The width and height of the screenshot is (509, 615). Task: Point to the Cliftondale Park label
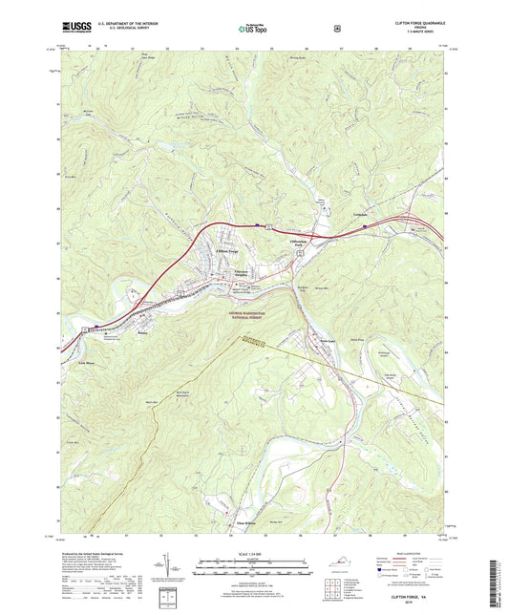(x=303, y=243)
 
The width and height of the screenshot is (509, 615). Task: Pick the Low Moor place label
(x=85, y=350)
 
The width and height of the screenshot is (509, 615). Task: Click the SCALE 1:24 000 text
(x=254, y=562)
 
